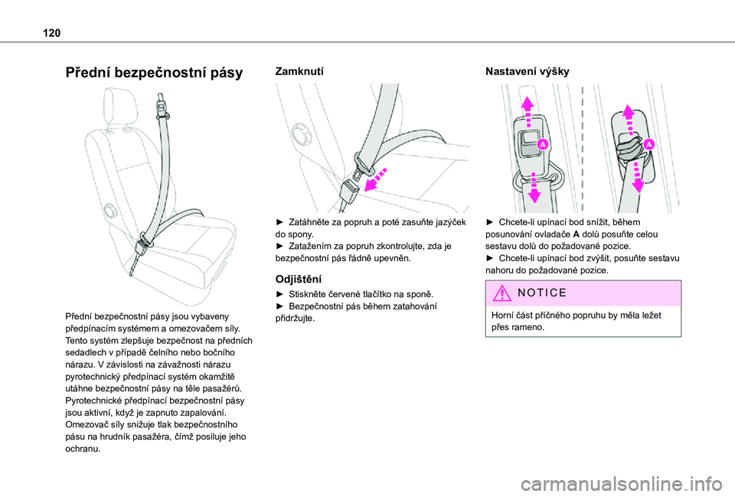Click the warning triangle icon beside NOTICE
(499, 293)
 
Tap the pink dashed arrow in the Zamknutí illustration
(381, 177)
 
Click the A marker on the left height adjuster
(542, 144)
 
